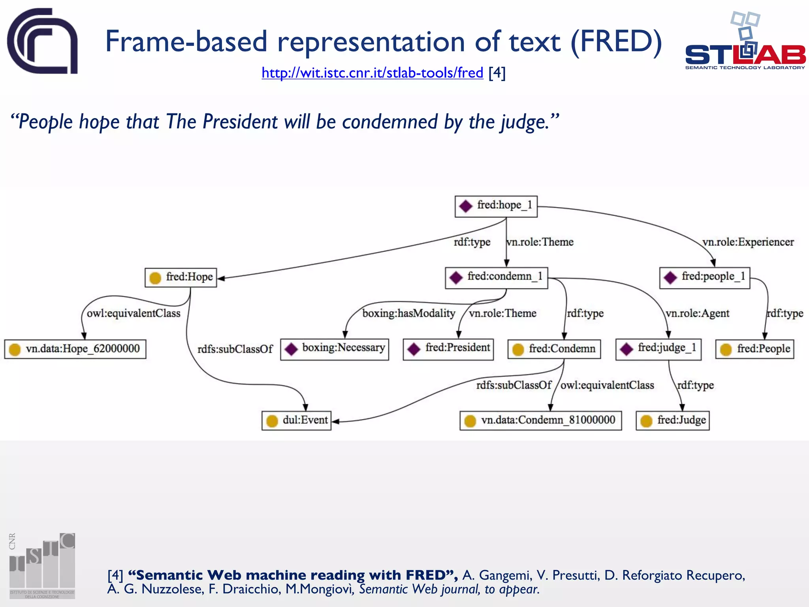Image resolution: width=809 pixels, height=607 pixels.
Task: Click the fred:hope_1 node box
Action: click(496, 206)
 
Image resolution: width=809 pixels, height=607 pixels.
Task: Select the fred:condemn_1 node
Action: click(496, 277)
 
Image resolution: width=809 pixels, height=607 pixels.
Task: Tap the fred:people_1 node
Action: click(704, 277)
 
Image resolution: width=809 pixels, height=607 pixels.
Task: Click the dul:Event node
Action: click(296, 420)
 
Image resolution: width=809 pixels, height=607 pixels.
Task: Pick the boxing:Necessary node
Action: click(334, 349)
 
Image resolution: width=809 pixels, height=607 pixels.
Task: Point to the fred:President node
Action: click(448, 349)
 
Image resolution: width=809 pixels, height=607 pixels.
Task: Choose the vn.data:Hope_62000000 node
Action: click(75, 349)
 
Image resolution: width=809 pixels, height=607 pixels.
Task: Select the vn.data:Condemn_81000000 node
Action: click(540, 420)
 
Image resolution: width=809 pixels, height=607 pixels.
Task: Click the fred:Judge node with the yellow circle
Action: click(672, 420)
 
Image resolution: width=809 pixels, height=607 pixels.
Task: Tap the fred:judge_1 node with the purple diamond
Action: click(658, 349)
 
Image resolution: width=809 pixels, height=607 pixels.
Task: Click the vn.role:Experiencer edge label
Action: click(748, 242)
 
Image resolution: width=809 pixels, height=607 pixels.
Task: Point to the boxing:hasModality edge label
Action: click(408, 313)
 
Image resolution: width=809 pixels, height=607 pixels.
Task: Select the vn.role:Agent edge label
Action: click(697, 313)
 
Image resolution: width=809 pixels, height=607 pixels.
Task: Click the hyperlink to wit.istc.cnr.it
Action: click(372, 73)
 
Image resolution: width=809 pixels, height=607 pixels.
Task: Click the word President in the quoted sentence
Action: click(240, 122)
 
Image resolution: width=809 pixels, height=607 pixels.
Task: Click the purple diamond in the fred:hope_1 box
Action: click(466, 206)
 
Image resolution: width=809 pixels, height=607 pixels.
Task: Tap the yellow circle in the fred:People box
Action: click(726, 350)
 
